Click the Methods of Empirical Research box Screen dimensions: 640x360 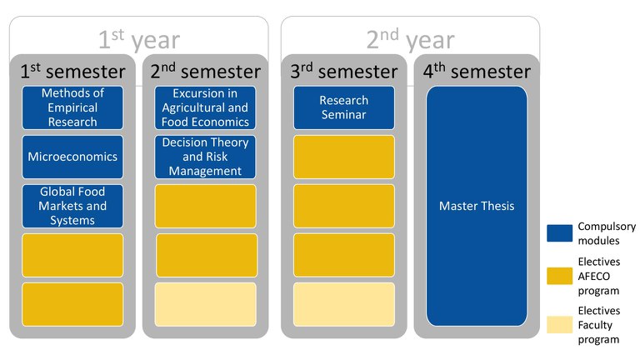[x=72, y=107]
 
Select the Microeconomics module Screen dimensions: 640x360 [x=72, y=157]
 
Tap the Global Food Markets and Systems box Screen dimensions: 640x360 [x=72, y=206]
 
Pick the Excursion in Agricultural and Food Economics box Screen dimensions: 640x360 [x=205, y=107]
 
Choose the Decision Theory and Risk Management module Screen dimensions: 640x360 [x=205, y=157]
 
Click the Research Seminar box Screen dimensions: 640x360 [x=344, y=107]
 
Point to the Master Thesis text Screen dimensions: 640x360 [x=477, y=206]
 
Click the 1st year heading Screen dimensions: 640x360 [x=139, y=39]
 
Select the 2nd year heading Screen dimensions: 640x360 [x=411, y=39]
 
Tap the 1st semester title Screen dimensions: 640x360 [x=72, y=71]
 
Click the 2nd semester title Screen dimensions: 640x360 [x=205, y=71]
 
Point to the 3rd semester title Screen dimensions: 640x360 [x=344, y=71]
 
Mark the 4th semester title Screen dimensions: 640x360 [x=477, y=71]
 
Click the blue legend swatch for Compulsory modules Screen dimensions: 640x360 [x=560, y=233]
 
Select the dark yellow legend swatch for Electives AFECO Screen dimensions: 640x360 [x=560, y=276]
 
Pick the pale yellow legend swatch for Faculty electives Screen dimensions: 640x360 [x=560, y=325]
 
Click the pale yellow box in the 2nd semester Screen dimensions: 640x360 [x=205, y=304]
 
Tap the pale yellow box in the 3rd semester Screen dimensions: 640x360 [x=344, y=304]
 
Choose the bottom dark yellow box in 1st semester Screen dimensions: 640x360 [x=72, y=304]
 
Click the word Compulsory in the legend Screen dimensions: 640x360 [x=607, y=227]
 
